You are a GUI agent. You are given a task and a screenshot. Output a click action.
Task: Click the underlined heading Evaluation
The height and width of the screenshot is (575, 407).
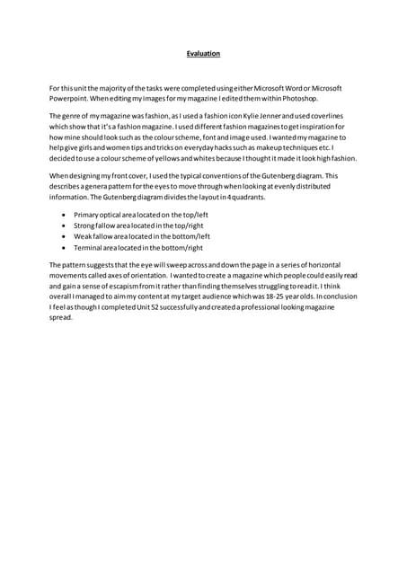[203, 54]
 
